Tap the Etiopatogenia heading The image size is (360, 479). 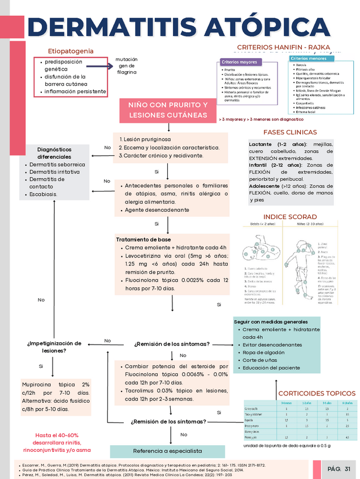pos(71,51)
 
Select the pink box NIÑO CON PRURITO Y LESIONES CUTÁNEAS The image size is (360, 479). pos(168,110)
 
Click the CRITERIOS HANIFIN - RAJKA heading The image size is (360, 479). pos(284,47)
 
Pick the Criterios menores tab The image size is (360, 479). pos(308,58)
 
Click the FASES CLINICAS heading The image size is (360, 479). pos(290,132)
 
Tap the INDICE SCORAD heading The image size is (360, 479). pos(290,217)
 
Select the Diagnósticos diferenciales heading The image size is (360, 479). pos(54,153)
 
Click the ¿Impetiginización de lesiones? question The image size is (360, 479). pos(54,346)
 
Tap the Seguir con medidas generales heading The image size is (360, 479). pos(271,321)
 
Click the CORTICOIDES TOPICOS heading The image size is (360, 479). pos(316,393)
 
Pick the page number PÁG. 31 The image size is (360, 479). pos(339,469)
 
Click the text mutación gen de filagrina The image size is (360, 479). pos(126,66)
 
